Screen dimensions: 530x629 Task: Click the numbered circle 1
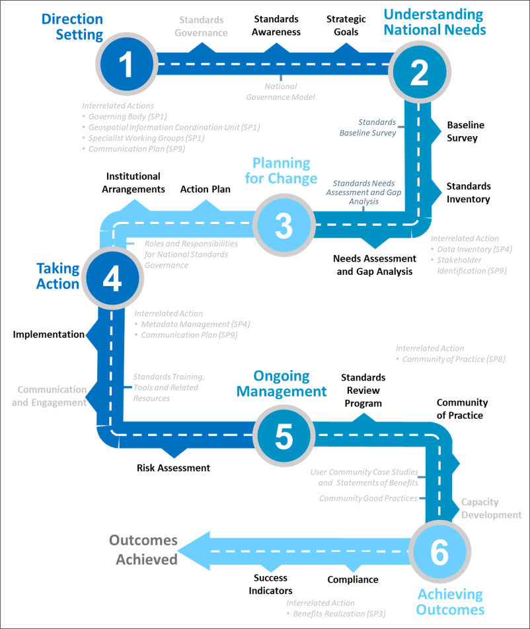click(x=127, y=64)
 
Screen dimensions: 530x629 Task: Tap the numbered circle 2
click(x=420, y=72)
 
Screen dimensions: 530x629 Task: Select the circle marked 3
click(x=284, y=225)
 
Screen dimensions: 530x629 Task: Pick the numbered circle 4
click(x=113, y=278)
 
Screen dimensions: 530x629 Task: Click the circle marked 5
click(x=284, y=435)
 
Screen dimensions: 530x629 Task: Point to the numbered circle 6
click(x=439, y=552)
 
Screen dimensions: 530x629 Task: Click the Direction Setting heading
click(x=73, y=27)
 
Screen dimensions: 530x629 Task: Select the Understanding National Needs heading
click(x=435, y=22)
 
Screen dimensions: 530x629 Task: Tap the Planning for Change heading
click(x=282, y=170)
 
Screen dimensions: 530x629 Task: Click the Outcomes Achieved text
click(x=143, y=550)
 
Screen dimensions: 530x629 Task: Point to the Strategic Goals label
click(x=346, y=25)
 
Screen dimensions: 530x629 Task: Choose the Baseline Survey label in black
click(x=465, y=131)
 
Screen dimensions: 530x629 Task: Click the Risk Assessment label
click(x=173, y=468)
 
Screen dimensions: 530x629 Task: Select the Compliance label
click(x=353, y=579)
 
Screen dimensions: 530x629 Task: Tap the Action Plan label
click(x=205, y=189)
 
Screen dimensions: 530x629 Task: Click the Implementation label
click(x=48, y=334)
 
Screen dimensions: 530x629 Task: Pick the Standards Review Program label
click(x=363, y=390)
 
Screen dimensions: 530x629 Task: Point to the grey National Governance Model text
click(x=280, y=91)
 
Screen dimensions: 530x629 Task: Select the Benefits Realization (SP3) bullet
click(x=336, y=614)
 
